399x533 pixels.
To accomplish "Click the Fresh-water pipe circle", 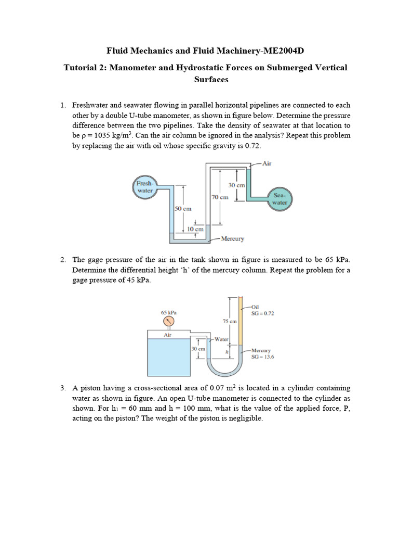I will coord(144,187).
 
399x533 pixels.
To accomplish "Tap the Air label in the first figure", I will coord(267,163).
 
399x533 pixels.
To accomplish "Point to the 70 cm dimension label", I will coord(219,197).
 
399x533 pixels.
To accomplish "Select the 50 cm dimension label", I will coord(183,208).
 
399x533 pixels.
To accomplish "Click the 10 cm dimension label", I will coord(195,229).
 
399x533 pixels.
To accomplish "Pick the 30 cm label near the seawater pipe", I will coord(236,185).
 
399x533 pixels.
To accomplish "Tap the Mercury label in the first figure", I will coord(232,239).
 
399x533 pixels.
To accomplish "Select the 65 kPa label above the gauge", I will coord(168,312).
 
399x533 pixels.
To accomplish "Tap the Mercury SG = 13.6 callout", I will coord(262,354).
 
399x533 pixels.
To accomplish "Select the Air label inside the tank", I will coord(168,335).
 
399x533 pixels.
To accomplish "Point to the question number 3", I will coord(62,388).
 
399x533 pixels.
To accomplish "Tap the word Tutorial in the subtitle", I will coord(81,68).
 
